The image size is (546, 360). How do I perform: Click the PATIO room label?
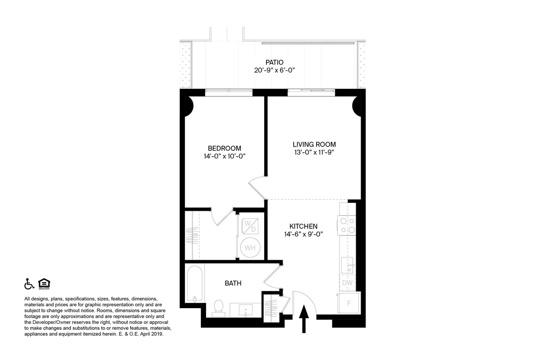pos(274,62)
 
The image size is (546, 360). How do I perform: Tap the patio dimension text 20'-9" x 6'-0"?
pos(274,70)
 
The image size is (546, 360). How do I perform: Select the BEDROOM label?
pos(225,148)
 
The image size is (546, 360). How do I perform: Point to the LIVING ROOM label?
pos(314,144)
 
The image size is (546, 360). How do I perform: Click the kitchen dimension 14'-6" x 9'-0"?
pos(303,234)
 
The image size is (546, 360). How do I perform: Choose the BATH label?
pos(233,283)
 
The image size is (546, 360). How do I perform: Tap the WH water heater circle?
pos(250,247)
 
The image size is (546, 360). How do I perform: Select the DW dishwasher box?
pos(347,283)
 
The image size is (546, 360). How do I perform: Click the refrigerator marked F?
pos(349,303)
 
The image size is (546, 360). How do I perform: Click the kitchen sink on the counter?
pos(347,265)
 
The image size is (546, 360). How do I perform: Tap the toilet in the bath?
pos(218,308)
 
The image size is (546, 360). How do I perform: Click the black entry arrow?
pos(303,319)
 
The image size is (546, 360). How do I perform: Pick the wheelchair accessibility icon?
pos(29,284)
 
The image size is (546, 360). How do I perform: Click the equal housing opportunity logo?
pos(44,284)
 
